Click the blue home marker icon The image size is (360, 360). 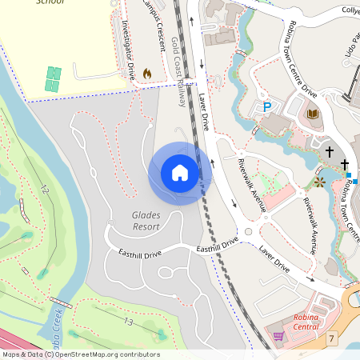click(x=180, y=173)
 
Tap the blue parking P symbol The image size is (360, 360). click(x=267, y=106)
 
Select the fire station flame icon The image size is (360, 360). click(x=146, y=74)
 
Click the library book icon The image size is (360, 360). click(x=312, y=114)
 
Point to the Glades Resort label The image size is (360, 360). click(x=146, y=221)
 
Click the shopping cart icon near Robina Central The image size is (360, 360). click(x=278, y=337)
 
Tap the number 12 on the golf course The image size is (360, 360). click(x=45, y=190)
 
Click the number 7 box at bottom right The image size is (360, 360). click(x=331, y=339)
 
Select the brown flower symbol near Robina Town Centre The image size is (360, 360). click(x=319, y=182)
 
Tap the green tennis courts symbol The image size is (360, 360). click(x=53, y=78)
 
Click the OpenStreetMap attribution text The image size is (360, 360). click(x=80, y=354)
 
